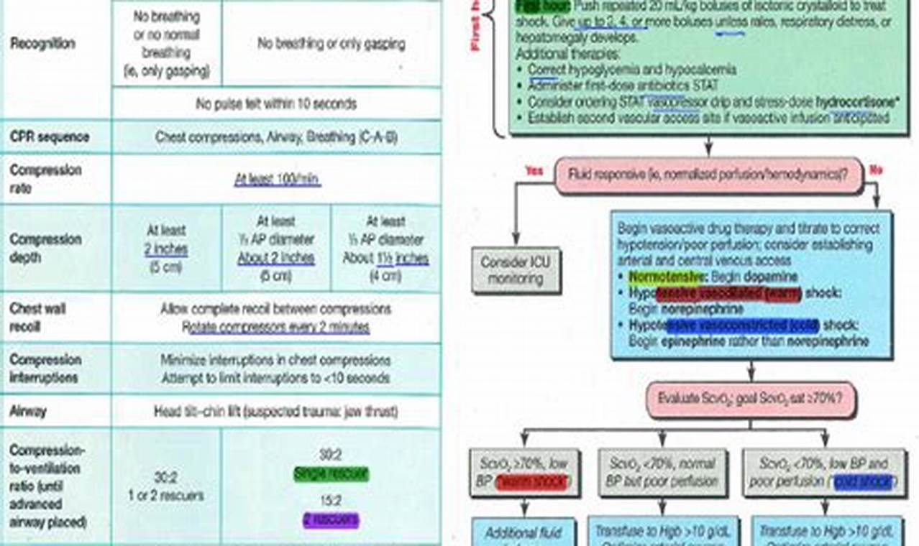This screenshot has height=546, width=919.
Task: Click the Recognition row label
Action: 42,44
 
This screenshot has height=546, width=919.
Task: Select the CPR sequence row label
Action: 48,136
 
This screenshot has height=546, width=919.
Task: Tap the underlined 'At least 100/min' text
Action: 277,180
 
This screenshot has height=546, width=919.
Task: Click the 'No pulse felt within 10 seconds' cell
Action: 276,104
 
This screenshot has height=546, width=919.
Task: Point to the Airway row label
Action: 28,412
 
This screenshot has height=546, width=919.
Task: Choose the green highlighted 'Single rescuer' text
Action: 331,473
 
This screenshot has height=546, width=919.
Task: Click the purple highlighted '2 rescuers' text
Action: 331,520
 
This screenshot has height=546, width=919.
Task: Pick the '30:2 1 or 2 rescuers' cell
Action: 167,487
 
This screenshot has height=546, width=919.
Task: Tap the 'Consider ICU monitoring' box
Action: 515,269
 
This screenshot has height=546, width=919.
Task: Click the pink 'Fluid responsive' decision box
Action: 708,175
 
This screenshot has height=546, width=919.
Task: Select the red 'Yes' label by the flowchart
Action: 534,171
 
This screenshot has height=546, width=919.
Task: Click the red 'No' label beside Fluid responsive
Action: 876,171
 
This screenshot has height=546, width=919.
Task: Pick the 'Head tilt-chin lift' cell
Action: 276,412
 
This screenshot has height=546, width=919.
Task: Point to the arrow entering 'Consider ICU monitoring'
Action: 515,241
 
